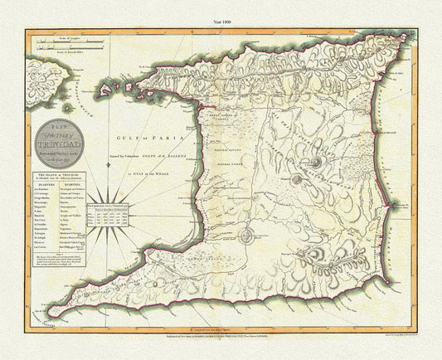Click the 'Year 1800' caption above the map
(x=221, y=7)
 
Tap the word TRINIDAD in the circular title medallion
(x=60, y=139)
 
